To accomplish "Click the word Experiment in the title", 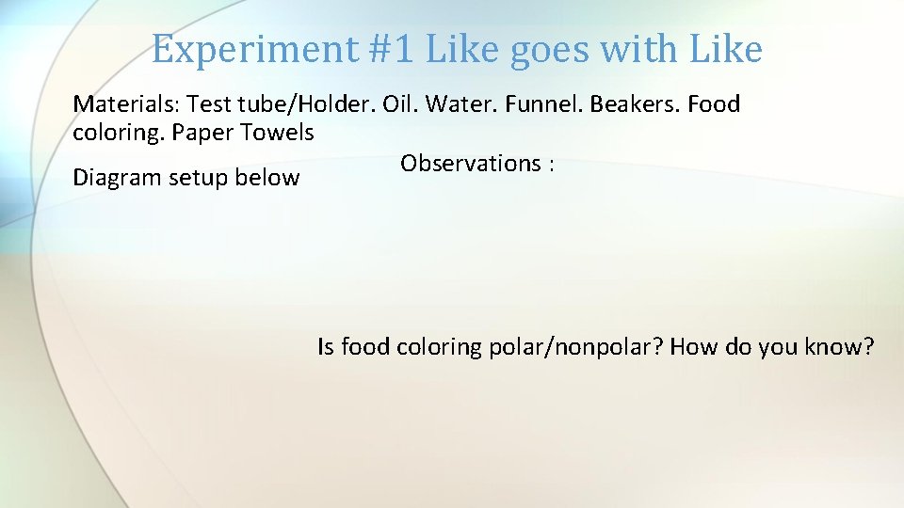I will pyautogui.click(x=239, y=50).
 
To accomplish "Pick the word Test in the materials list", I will pyautogui.click(x=208, y=103).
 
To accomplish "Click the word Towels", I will pyautogui.click(x=278, y=133).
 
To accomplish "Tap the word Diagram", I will pyautogui.click(x=117, y=178).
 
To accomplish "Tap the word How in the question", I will pyautogui.click(x=694, y=347).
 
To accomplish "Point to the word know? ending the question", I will pyautogui.click(x=840, y=347).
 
